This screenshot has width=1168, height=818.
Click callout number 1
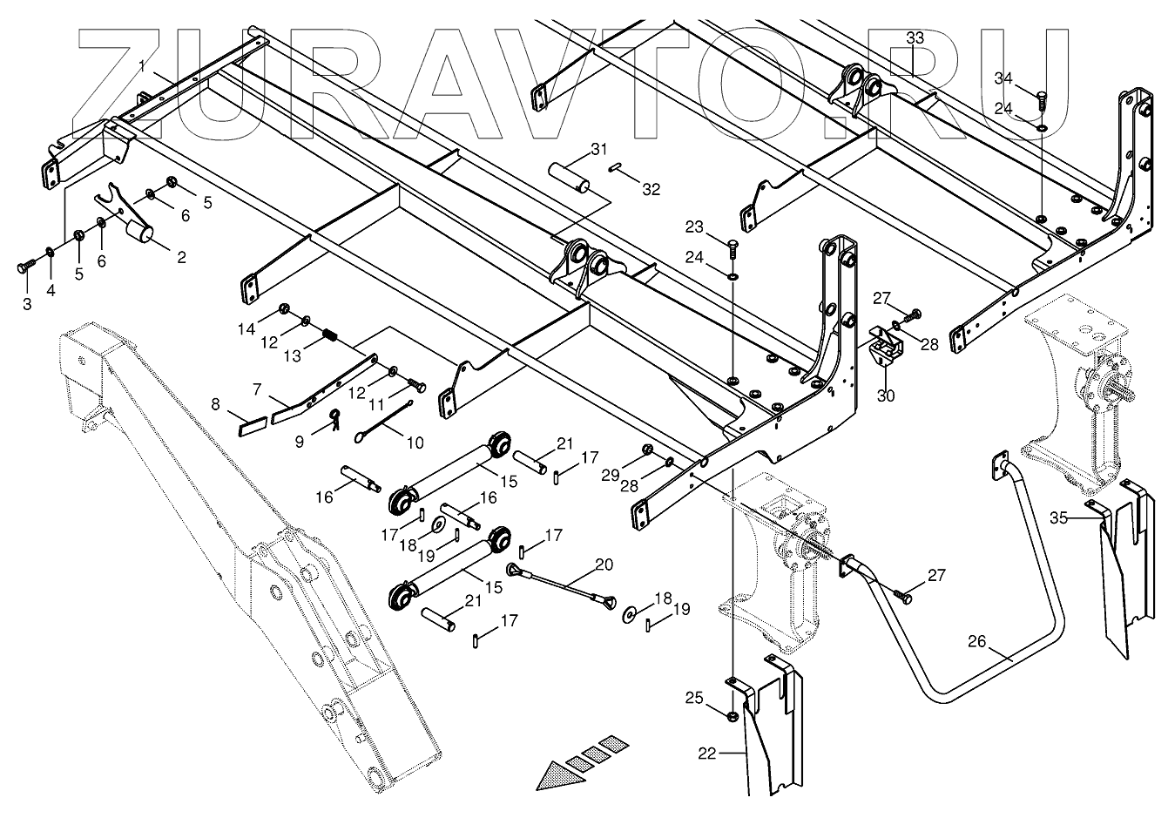[x=143, y=66]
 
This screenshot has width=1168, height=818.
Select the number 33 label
[x=915, y=37]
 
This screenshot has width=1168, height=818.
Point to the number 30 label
[x=885, y=396]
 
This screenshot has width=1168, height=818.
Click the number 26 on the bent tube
[x=977, y=642]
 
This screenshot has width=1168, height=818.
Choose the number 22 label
[x=706, y=754]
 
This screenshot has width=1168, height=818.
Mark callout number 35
[x=1058, y=517]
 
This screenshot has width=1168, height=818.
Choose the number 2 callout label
[x=181, y=257]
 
